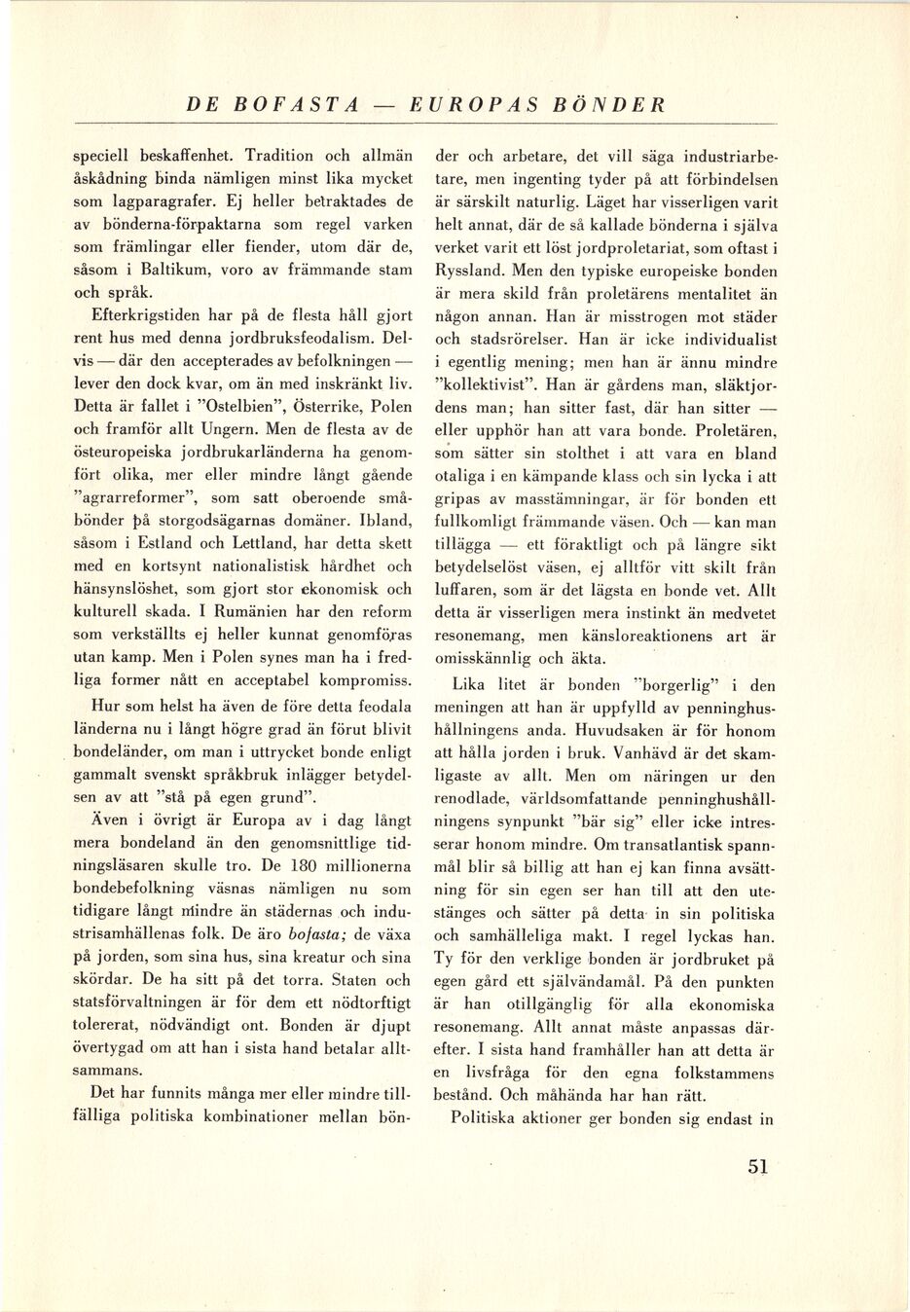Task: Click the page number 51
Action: coord(758,1167)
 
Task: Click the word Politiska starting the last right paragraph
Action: coord(488,1117)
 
